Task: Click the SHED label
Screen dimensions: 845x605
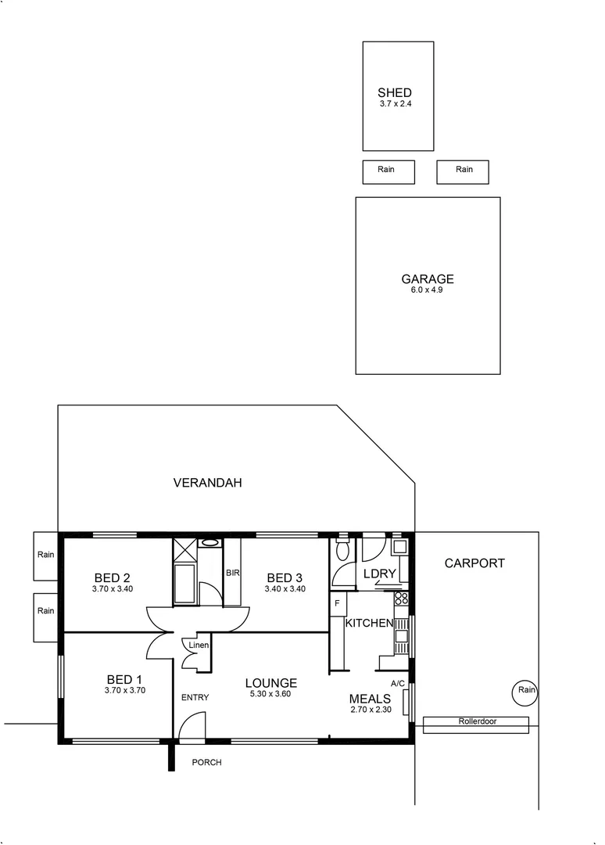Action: click(394, 92)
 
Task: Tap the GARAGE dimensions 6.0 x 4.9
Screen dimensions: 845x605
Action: click(427, 289)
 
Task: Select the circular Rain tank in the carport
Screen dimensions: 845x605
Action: click(526, 690)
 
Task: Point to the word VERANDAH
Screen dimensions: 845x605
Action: click(207, 483)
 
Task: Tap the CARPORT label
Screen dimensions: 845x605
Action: click(474, 563)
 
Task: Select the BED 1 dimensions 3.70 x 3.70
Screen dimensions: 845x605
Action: click(125, 691)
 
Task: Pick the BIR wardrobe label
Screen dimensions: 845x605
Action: click(232, 573)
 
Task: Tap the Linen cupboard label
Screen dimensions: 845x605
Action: click(198, 645)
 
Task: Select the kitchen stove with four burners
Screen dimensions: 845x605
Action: click(401, 599)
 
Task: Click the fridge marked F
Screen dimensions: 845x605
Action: click(337, 603)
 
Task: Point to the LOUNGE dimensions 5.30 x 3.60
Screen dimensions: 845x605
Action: click(270, 694)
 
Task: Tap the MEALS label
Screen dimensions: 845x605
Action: click(370, 699)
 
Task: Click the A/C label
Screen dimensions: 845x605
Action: click(397, 683)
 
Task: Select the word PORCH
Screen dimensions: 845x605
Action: click(206, 762)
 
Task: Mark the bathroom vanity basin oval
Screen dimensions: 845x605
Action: click(209, 541)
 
